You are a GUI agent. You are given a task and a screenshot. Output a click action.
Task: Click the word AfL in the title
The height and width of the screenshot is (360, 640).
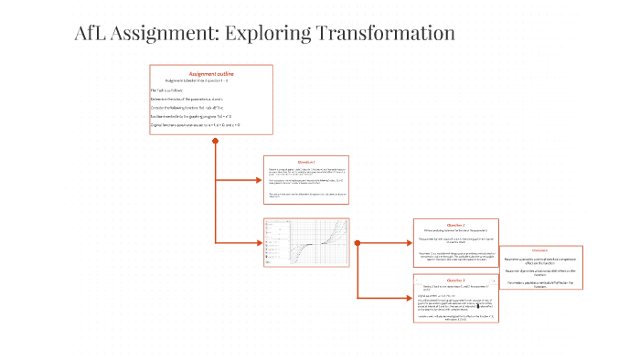pos(91,34)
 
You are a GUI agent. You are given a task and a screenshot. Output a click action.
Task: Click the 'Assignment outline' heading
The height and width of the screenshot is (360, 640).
pos(211,73)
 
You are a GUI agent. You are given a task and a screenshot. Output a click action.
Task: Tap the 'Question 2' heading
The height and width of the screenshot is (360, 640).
pos(455,225)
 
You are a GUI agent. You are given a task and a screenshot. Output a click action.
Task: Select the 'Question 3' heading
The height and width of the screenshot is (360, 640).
pos(455,280)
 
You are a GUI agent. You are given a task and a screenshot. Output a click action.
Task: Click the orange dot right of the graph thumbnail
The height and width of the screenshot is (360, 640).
pos(357,243)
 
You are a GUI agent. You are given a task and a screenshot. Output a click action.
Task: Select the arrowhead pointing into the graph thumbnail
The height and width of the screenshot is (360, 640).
pos(261,242)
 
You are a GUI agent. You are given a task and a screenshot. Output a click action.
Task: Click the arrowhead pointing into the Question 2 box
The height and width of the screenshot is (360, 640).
pos(409,243)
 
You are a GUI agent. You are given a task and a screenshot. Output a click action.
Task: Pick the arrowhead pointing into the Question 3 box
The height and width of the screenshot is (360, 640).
pos(409,298)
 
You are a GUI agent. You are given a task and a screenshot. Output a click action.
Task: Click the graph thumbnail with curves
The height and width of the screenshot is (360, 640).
pos(306,243)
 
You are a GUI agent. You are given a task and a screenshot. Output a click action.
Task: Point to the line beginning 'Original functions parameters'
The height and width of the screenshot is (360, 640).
pos(196,124)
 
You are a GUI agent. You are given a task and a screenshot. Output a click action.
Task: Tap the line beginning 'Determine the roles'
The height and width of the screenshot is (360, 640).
pos(187,99)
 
